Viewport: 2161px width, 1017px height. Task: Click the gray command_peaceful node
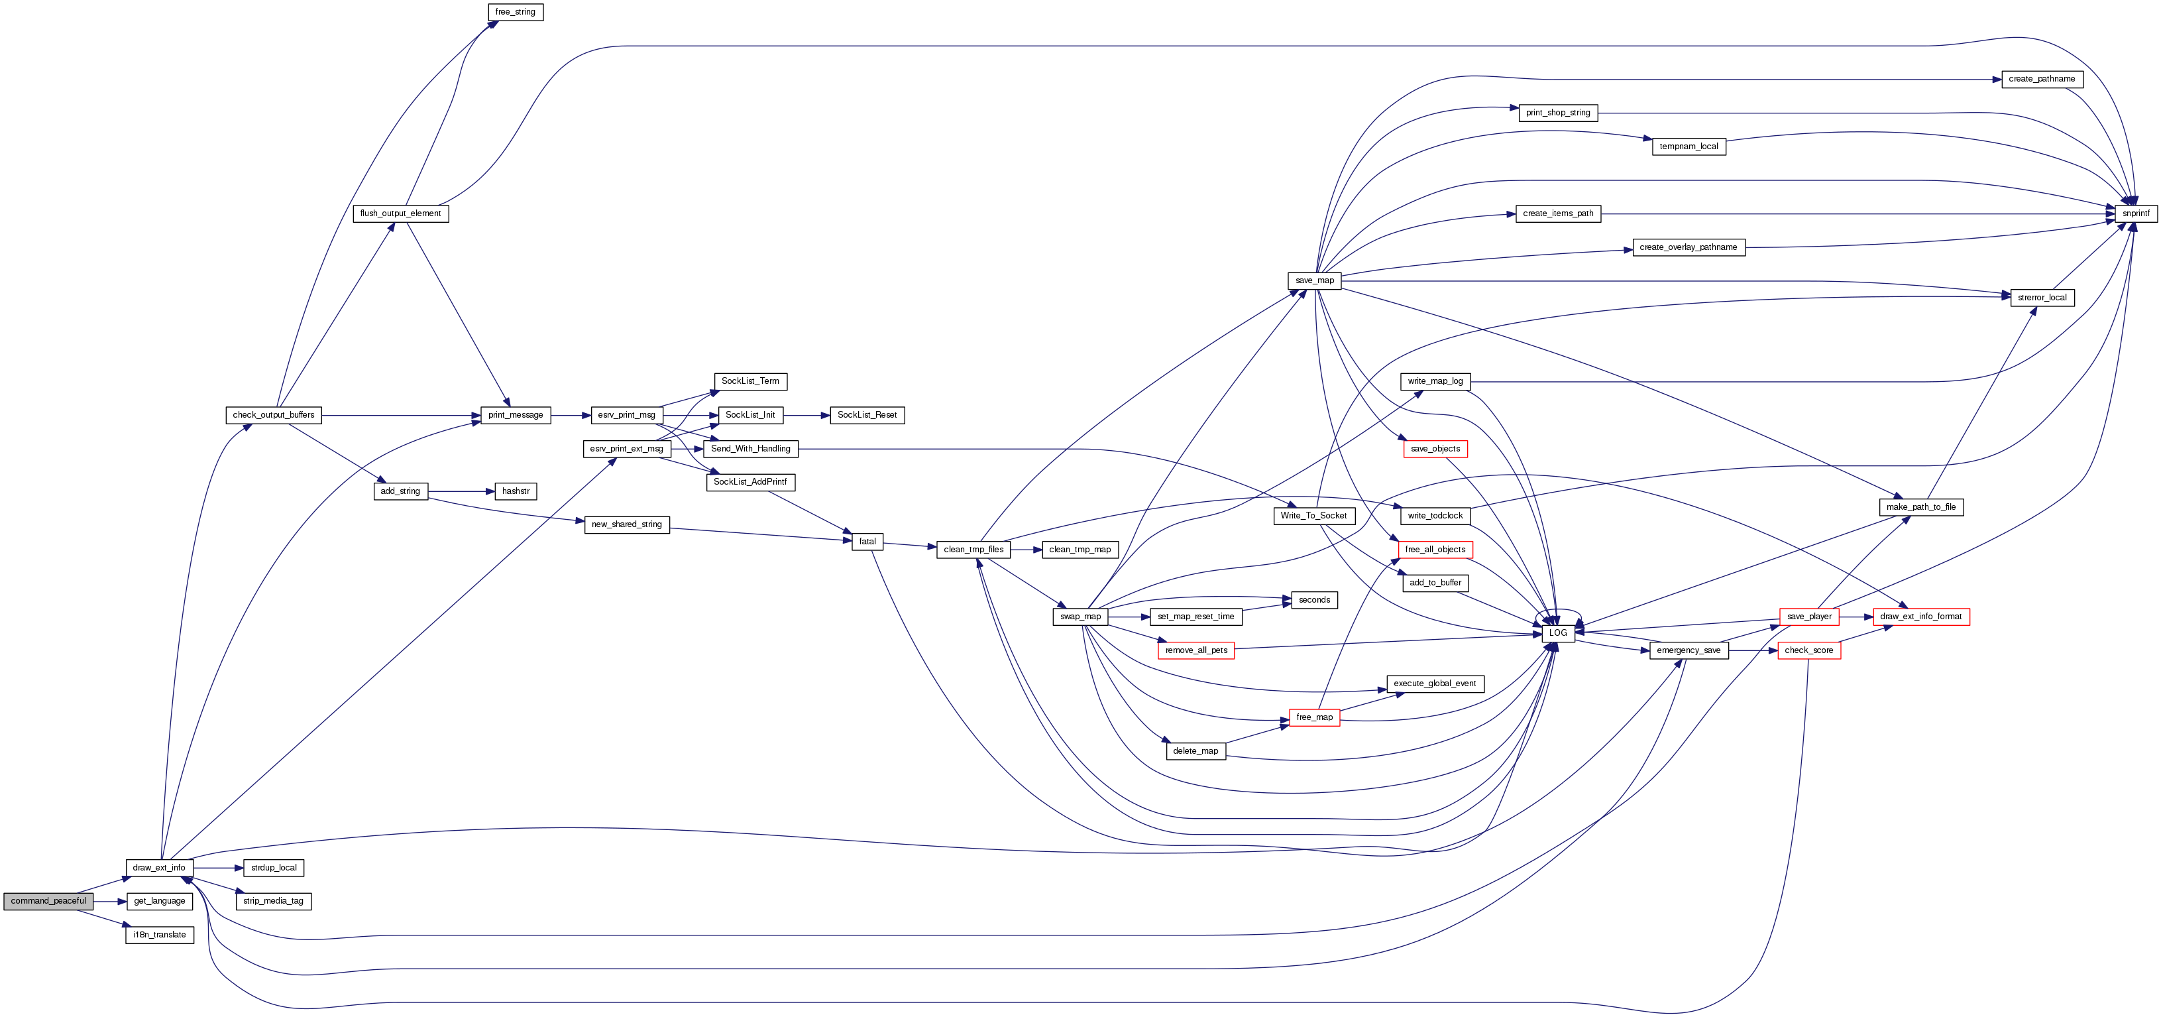[48, 901]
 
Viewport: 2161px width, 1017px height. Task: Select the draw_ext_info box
[160, 868]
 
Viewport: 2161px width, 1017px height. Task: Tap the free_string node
[515, 12]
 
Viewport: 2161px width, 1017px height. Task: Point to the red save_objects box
[1435, 449]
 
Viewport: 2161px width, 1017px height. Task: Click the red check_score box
[1808, 650]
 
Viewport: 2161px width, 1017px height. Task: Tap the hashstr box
[515, 491]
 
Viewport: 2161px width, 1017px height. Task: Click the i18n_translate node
[160, 935]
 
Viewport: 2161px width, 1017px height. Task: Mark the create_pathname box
[2041, 79]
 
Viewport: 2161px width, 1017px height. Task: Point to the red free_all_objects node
[1435, 550]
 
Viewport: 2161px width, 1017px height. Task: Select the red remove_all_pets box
[1195, 650]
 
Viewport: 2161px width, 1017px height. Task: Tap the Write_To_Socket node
[1313, 515]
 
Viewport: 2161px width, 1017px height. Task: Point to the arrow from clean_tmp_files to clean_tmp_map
[1026, 550]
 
